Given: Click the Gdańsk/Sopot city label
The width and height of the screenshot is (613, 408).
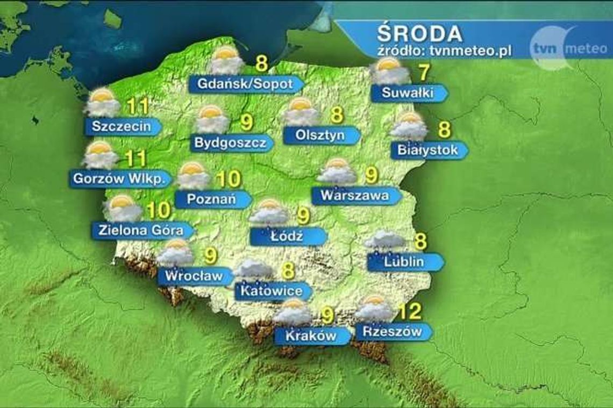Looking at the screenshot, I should coord(245,84).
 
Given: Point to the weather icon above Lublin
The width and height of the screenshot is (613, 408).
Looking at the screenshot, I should coord(384,241).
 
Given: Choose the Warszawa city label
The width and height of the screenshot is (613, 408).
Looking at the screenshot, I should coord(355,196).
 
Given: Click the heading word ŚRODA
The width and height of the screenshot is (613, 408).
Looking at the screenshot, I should coord(419,34).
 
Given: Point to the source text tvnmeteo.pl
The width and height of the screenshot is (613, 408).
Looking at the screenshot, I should coord(444,51).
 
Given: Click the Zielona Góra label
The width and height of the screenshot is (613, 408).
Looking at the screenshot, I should coord(141,231).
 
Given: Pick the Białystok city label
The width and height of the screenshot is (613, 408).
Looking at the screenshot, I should coord(427,150).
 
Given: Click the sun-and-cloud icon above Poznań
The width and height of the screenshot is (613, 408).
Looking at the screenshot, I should coord(193,175).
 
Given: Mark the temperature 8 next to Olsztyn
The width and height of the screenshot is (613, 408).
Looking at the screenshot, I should coord(337,115).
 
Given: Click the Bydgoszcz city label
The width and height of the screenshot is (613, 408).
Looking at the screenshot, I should coord(230,144).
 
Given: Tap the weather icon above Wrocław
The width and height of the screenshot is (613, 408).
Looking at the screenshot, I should coord(175,253).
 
